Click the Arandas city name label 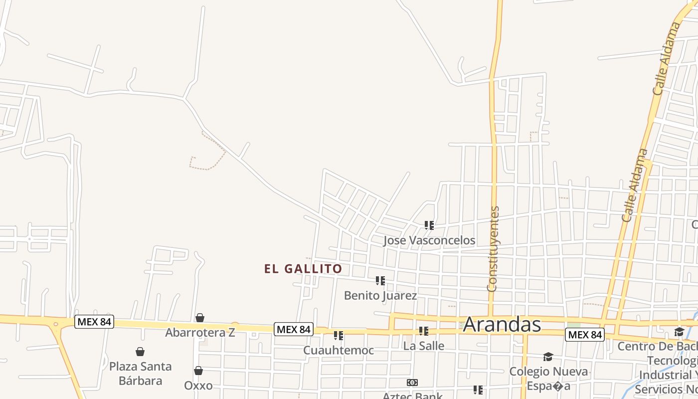point(502,325)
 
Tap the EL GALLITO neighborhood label point(303,269)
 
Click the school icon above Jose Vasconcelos point(429,225)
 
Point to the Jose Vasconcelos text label point(429,240)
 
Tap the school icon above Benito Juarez point(380,281)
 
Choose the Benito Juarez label point(380,296)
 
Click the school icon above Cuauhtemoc point(339,336)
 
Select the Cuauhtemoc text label point(339,351)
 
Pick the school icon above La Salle point(424,331)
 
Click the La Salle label point(424,346)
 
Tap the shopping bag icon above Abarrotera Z point(200,318)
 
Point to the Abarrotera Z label point(200,333)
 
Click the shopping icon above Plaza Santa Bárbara point(140,352)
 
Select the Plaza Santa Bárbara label point(140,374)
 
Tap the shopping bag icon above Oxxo point(198,371)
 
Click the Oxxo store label point(198,386)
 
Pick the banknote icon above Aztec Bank point(412,383)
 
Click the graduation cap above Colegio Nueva point(548,357)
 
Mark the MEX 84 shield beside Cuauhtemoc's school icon point(294,329)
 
